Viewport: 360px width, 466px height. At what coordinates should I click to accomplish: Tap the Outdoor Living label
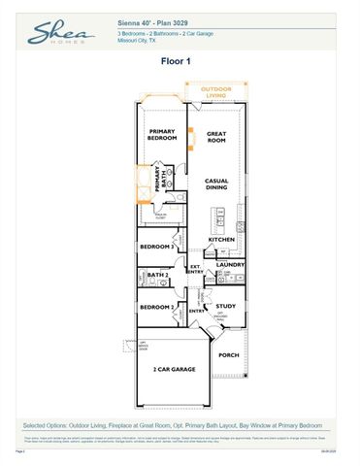tap(216, 91)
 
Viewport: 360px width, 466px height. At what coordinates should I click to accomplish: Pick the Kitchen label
tap(221, 239)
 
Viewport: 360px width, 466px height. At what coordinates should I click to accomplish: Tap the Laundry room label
tap(230, 264)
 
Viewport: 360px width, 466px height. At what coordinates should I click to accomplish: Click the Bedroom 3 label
tap(157, 247)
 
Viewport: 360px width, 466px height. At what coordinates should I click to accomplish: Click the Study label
tap(226, 306)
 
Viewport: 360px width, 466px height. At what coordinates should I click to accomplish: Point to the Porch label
tap(228, 355)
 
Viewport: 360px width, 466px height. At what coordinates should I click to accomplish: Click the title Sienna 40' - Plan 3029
tap(158, 21)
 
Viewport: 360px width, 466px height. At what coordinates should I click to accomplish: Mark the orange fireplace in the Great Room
tap(191, 137)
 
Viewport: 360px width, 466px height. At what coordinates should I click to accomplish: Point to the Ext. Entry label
tap(195, 270)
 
